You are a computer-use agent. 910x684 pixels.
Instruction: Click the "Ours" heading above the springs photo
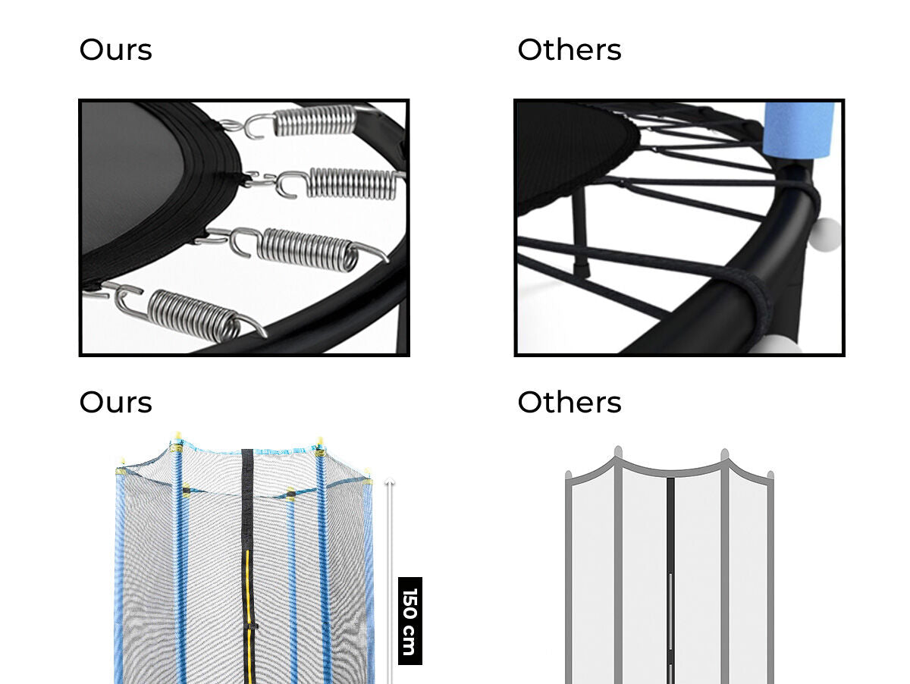point(116,50)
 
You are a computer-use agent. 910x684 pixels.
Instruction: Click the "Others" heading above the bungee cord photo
point(570,50)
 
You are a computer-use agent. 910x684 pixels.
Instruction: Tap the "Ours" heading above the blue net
point(116,402)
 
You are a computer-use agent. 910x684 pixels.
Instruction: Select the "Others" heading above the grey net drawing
point(570,402)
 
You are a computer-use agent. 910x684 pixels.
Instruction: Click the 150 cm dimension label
point(409,620)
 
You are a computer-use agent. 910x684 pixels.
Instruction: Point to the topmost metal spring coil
point(314,121)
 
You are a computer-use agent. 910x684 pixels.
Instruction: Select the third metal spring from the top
point(308,250)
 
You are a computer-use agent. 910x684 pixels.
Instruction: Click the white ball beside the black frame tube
point(825,234)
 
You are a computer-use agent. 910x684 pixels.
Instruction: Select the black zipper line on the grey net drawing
point(670,580)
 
